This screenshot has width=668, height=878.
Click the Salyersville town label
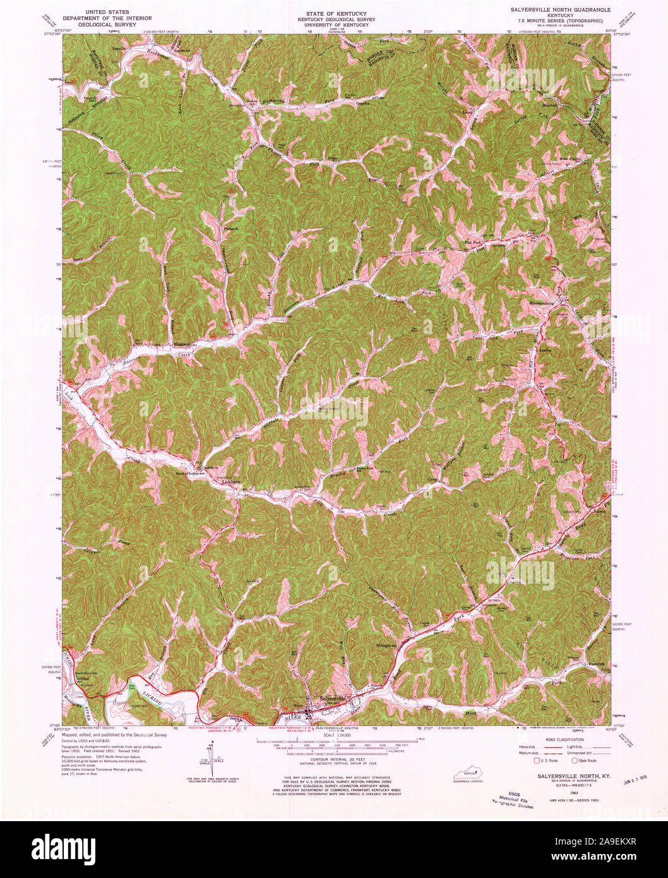[333, 698]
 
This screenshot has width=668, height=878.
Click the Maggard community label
[182, 345]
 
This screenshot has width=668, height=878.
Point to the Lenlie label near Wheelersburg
[545, 349]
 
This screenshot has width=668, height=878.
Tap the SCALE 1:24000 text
[333, 736]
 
